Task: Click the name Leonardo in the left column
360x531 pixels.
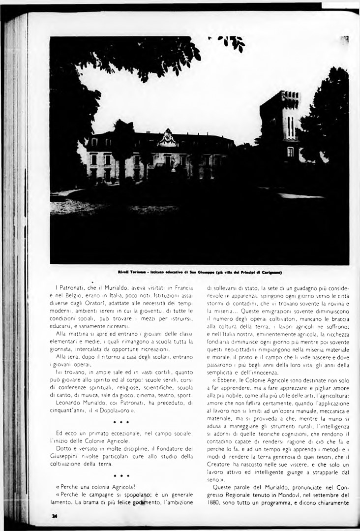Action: click(69, 402)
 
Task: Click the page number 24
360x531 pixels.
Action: click(53, 516)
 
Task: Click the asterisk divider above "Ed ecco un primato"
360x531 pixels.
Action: click(121, 423)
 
